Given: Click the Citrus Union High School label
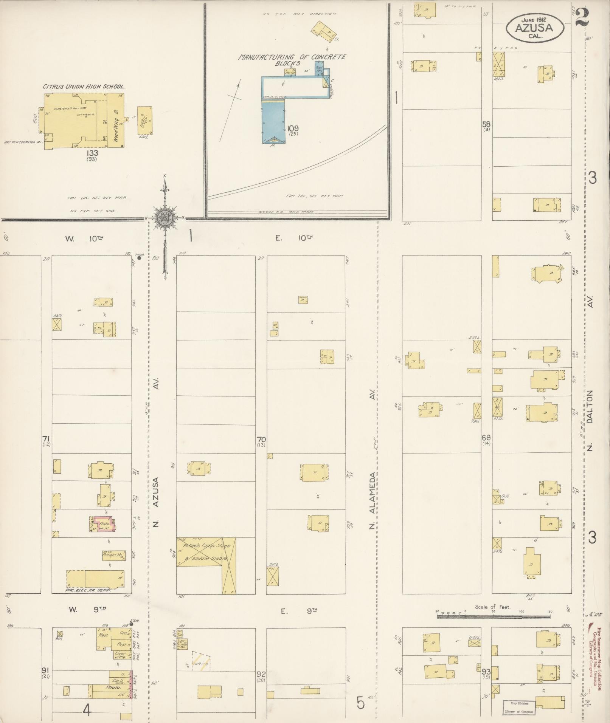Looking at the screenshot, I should (84, 87).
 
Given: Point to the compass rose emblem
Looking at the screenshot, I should (166, 218).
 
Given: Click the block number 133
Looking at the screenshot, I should (92, 153).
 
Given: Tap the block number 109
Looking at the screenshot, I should (293, 128).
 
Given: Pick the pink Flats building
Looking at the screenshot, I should (105, 524).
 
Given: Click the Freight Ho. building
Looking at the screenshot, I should (114, 555).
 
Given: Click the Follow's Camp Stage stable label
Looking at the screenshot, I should (206, 552).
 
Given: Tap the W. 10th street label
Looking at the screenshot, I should (84, 238).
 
